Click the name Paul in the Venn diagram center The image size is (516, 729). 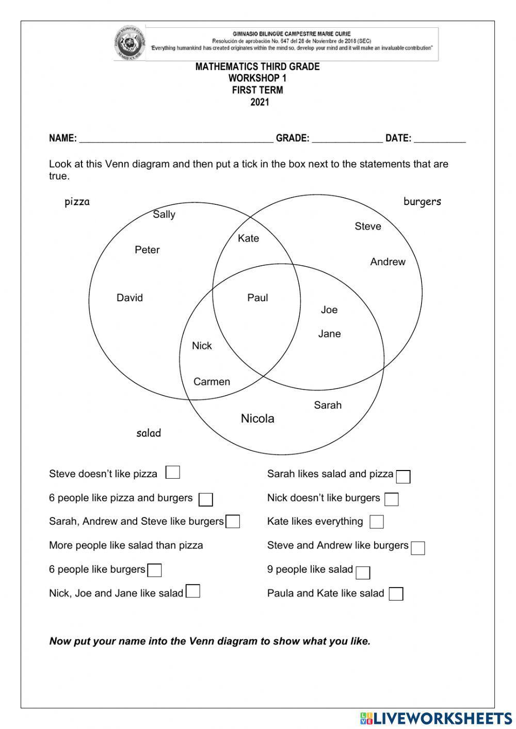[x=257, y=298]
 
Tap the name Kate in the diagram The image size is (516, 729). [x=248, y=238]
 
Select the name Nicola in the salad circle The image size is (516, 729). [x=257, y=418]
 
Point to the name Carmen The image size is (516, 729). [x=212, y=382]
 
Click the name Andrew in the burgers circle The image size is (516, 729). [x=388, y=262]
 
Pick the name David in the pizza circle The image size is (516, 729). [x=130, y=298]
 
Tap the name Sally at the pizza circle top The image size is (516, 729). [x=164, y=215]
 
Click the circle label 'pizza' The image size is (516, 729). [x=77, y=202]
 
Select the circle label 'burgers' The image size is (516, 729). [x=422, y=202]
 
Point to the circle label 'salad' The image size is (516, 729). [x=149, y=433]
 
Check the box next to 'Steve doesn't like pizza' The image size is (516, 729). [x=173, y=473]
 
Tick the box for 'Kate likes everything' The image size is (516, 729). [x=377, y=522]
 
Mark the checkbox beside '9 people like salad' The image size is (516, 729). [x=363, y=572]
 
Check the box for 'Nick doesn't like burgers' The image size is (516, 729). [x=392, y=499]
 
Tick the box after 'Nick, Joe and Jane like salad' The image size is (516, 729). [x=193, y=591]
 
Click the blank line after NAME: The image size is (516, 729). [x=175, y=138]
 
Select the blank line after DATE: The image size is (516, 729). [x=439, y=138]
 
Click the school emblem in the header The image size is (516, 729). [x=129, y=43]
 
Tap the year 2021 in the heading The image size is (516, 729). [x=260, y=102]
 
